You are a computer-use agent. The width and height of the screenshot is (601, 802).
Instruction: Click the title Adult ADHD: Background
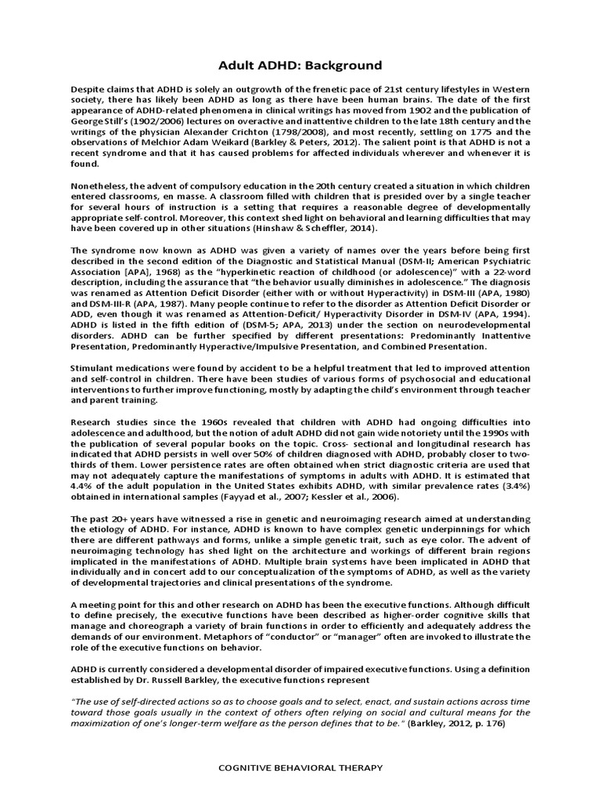[300, 66]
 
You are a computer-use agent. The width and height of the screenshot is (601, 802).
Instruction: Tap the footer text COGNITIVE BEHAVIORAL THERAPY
[300, 768]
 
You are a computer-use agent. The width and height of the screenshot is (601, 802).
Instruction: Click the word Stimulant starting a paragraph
[98, 368]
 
